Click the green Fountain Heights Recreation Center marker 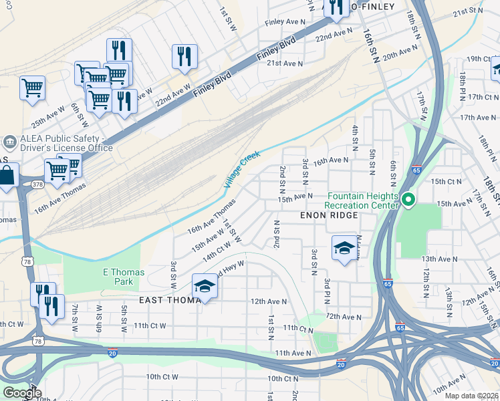pos(408,200)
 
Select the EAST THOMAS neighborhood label pos(169,301)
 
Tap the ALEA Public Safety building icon pos(9,142)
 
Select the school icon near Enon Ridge pos(344,249)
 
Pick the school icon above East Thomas pos(204,287)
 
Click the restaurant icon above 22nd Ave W pos(184,56)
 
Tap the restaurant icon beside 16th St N pos(334,7)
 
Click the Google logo pos(21,392)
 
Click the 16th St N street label pos(371,45)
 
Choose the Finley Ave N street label pos(285,22)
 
